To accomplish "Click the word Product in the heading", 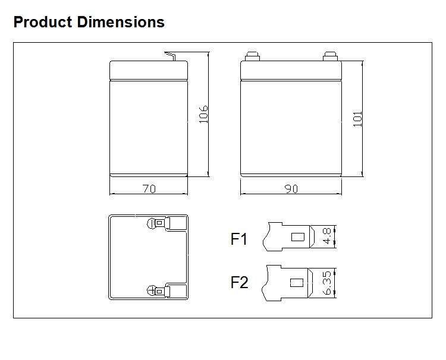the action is click(43, 22).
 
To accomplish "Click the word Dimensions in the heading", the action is click(121, 22).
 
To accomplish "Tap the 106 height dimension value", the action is click(203, 114).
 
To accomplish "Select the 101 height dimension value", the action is click(357, 118).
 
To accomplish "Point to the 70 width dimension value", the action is click(149, 189).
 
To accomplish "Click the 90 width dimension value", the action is click(291, 189).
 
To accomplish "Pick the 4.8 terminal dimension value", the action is click(327, 236).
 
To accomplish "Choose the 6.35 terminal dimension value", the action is click(327, 283).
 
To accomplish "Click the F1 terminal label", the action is click(238, 239).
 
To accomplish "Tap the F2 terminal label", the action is click(239, 282).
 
